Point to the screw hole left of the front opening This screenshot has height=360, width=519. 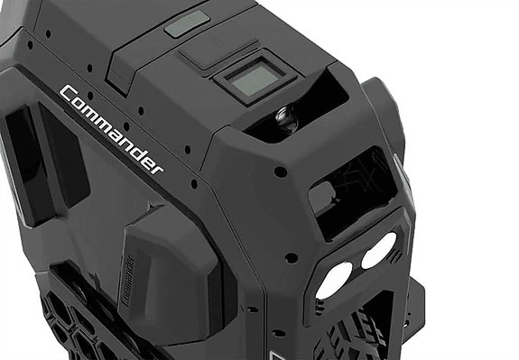tap(281, 171)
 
